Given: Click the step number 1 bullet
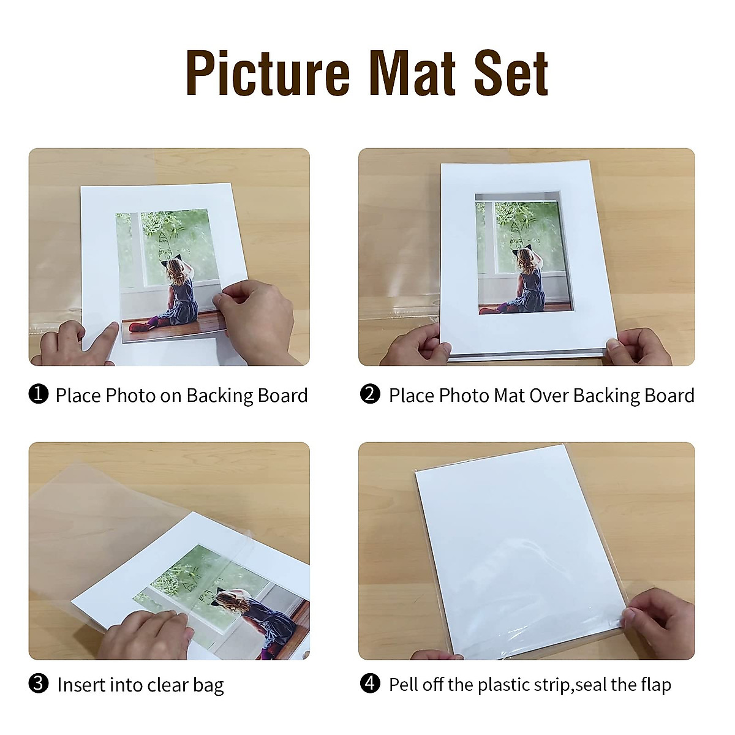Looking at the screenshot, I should click(39, 394).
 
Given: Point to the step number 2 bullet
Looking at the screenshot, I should click(370, 394).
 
